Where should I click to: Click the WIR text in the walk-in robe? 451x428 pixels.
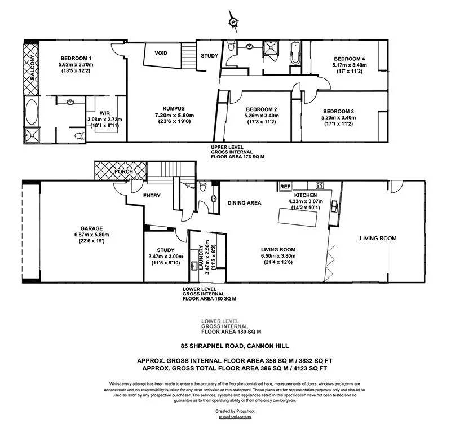tap(104, 113)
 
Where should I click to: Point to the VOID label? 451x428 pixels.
tap(161, 52)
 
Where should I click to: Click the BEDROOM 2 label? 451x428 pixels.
tap(260, 109)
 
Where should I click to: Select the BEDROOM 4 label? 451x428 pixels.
tap(350, 59)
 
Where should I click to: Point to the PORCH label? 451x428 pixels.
tap(123, 171)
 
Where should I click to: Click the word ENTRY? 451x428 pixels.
tap(152, 196)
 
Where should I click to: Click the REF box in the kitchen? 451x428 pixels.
tap(285, 186)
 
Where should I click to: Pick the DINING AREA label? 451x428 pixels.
tap(244, 202)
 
